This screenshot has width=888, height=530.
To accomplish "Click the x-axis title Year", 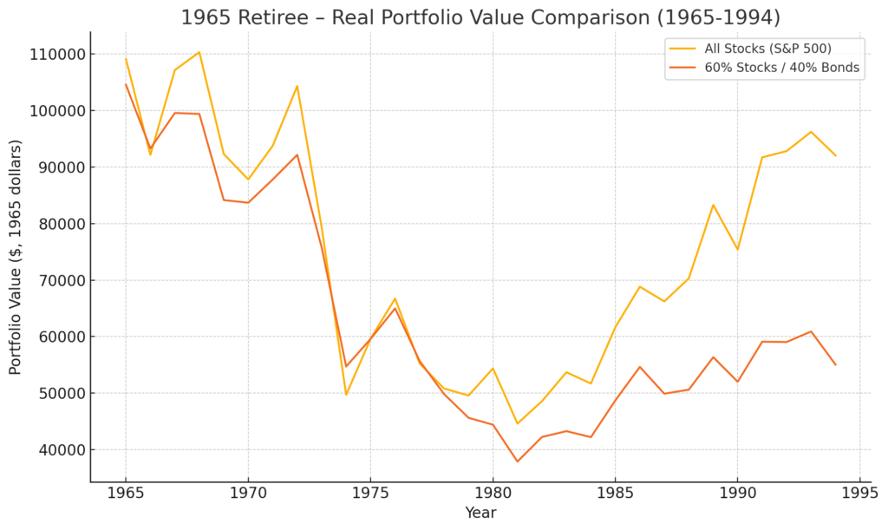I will pos(480,514).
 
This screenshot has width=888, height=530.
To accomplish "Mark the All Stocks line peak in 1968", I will pos(199,52).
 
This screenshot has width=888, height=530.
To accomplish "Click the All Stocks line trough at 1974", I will pos(346,395).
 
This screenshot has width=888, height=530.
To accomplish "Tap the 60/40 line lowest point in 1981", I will pos(518,461).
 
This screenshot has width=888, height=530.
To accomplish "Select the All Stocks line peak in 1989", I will pos(713,205).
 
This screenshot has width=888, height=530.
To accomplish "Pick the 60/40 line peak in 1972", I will pos(297,155).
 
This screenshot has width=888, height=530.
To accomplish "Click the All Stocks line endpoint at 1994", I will pos(835,155).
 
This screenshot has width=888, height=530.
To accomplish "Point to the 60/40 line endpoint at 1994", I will pos(835,364).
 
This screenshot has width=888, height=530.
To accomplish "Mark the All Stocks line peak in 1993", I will pos(811,132).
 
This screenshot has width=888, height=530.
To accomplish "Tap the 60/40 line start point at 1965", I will pos(126,84).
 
